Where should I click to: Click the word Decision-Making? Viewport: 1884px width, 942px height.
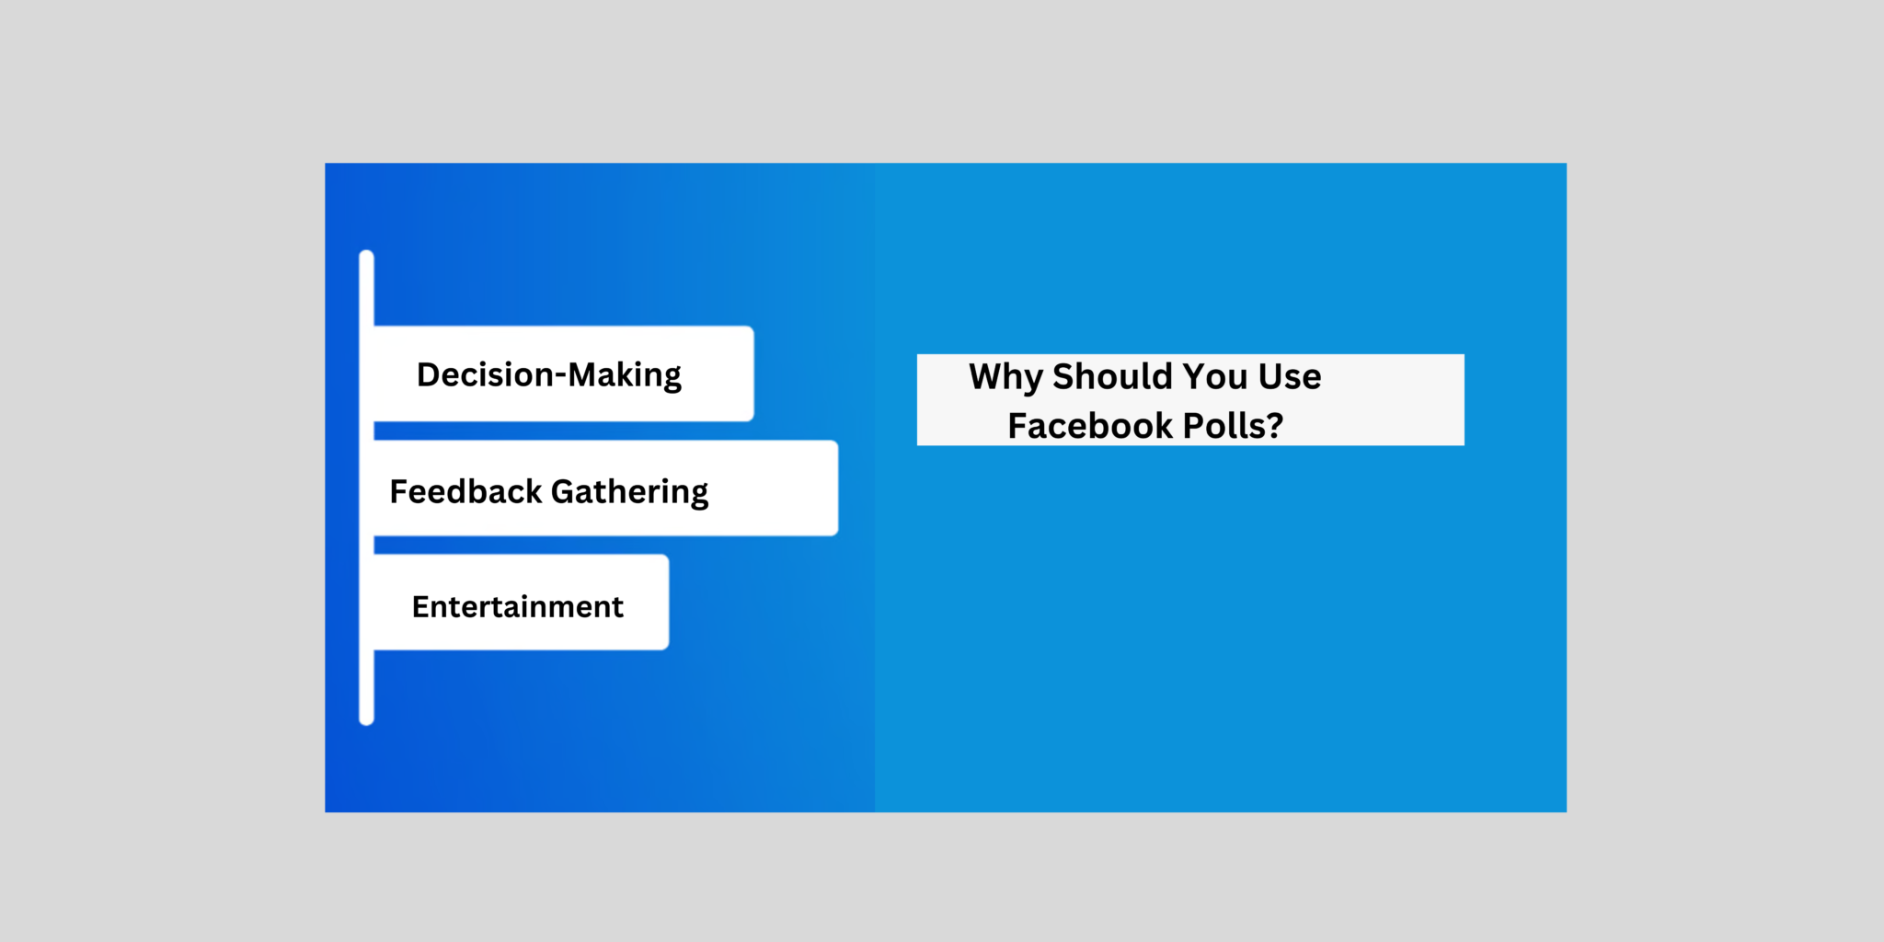(x=549, y=375)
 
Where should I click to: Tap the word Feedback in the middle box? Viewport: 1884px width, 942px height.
(x=465, y=491)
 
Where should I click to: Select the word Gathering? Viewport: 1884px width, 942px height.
(x=629, y=492)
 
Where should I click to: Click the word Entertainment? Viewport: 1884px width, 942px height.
(x=517, y=607)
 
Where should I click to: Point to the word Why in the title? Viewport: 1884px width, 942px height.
(x=1005, y=377)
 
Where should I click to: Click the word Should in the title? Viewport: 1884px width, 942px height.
(x=1112, y=376)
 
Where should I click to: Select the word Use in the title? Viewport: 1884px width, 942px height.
(x=1290, y=376)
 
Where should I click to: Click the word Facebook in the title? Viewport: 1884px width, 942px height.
(x=1090, y=426)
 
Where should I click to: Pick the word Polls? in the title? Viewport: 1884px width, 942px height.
(x=1233, y=426)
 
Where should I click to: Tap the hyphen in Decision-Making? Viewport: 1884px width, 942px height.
(x=560, y=376)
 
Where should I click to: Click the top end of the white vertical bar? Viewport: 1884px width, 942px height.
(x=366, y=257)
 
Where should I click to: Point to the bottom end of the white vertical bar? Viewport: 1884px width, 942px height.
(x=366, y=718)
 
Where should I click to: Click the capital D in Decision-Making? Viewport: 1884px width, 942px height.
(x=429, y=374)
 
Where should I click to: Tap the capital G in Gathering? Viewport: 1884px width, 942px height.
(x=563, y=491)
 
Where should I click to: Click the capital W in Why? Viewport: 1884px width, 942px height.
(x=988, y=375)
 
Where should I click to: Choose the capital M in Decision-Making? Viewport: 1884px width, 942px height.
(x=583, y=374)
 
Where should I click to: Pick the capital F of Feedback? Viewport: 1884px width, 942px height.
(x=399, y=491)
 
